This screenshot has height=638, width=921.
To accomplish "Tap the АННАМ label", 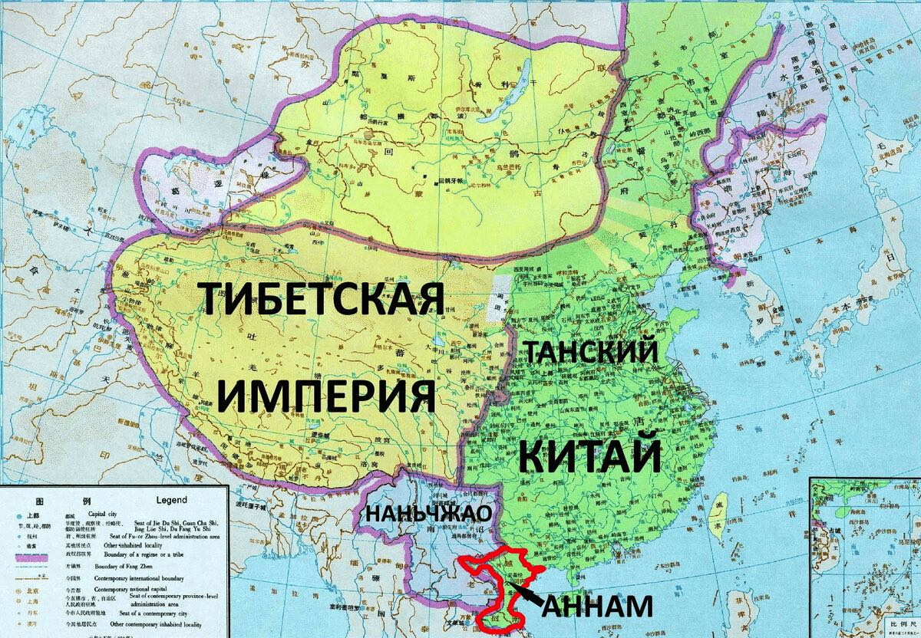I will [598, 606].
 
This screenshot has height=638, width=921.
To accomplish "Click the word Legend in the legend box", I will [171, 499].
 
